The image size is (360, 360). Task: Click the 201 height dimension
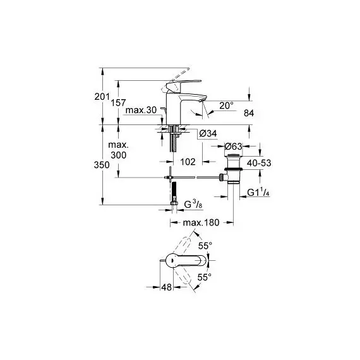[x=102, y=97]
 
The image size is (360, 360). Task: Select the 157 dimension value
[x=119, y=102]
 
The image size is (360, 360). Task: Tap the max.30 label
[x=141, y=110]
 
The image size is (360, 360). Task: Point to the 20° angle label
[x=226, y=105]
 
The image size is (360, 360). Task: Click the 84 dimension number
[x=249, y=113]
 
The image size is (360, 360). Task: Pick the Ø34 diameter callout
[x=208, y=133]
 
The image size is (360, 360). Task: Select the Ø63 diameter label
[x=233, y=146]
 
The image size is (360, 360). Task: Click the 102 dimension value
[x=188, y=162]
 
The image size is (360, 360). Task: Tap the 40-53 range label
[x=259, y=163]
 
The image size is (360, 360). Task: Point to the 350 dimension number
[x=102, y=165]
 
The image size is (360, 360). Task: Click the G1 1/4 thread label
[x=258, y=193]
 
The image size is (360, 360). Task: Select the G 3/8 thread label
[x=193, y=204]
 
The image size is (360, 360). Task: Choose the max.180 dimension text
[x=201, y=222]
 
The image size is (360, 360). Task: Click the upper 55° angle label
[x=205, y=246]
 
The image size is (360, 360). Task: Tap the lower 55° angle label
[x=205, y=277]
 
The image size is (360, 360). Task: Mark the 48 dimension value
[x=167, y=287]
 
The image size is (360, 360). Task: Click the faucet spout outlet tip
[x=201, y=101]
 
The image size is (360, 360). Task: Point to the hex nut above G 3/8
[x=174, y=203]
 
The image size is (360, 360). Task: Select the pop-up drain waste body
[x=233, y=169]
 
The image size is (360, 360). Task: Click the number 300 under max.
[x=119, y=155]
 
